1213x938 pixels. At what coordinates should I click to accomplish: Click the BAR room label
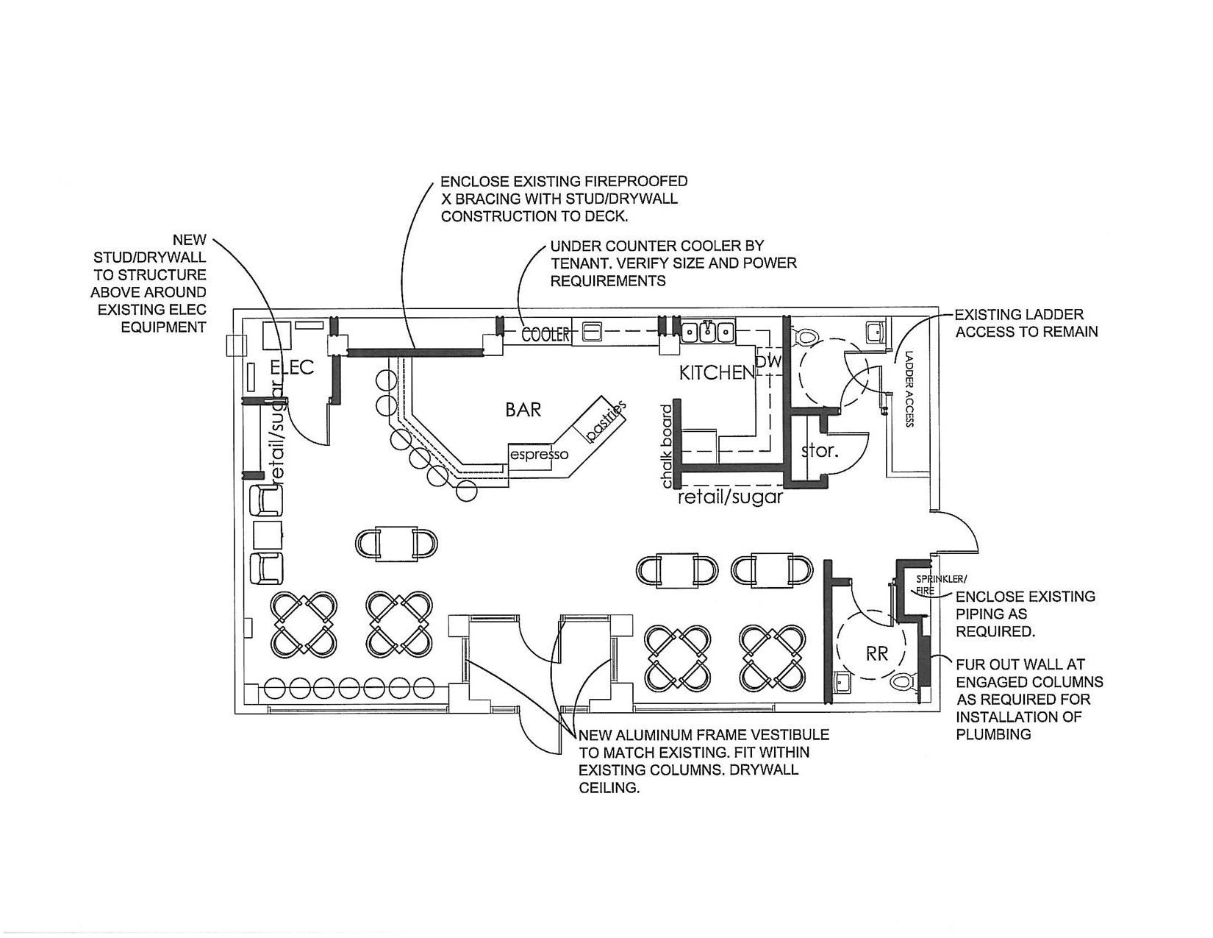point(523,410)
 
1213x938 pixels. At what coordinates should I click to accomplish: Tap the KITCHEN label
point(717,373)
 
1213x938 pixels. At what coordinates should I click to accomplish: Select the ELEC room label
point(292,367)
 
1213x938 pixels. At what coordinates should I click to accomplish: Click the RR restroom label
point(876,653)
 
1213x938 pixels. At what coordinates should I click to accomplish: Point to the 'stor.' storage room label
point(820,450)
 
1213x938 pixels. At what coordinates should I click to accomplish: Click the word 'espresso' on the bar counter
point(540,454)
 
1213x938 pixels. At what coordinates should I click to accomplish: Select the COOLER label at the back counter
point(545,335)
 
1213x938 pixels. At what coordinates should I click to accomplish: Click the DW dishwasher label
point(769,362)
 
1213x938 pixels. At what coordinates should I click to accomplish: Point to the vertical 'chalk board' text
point(666,447)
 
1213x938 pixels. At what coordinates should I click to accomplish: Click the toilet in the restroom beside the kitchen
point(806,335)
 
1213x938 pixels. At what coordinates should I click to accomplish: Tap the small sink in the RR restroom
point(841,681)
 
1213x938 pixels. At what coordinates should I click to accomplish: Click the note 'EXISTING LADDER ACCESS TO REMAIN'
point(1026,323)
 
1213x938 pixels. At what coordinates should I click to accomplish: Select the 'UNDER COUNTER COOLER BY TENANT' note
point(673,263)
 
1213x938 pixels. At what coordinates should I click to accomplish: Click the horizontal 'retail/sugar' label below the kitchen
point(730,497)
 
